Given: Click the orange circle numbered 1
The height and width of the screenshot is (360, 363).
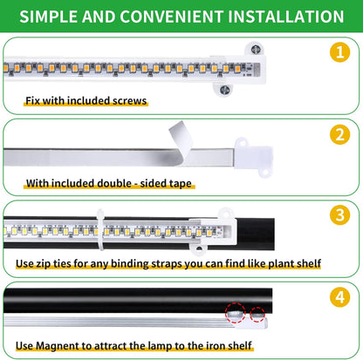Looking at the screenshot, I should (x=341, y=51).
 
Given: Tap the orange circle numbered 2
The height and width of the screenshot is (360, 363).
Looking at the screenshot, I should (x=341, y=136).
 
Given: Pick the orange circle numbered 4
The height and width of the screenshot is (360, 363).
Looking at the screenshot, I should (x=341, y=296).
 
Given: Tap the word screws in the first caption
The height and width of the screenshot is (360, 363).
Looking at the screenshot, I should (x=127, y=100).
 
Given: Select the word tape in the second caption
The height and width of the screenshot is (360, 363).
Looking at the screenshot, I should (x=178, y=184).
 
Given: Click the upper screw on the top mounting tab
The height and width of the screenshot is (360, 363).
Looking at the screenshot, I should (x=257, y=51).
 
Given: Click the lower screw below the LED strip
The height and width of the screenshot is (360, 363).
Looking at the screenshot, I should (x=225, y=89).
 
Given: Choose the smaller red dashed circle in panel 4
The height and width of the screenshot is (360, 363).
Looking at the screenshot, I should (x=258, y=315).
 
